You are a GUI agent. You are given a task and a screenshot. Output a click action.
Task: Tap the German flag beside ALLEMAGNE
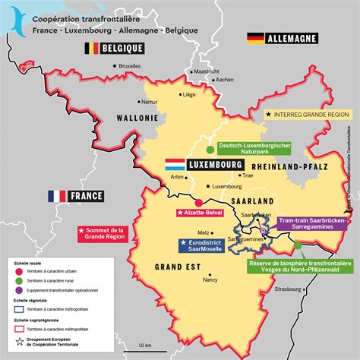pos(254,37)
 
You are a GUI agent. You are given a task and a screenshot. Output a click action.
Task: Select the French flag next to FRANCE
pos(57,196)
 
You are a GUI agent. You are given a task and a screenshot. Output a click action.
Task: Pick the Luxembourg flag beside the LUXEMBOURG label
pos(175,164)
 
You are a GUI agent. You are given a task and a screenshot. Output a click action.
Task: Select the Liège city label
pos(188,95)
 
